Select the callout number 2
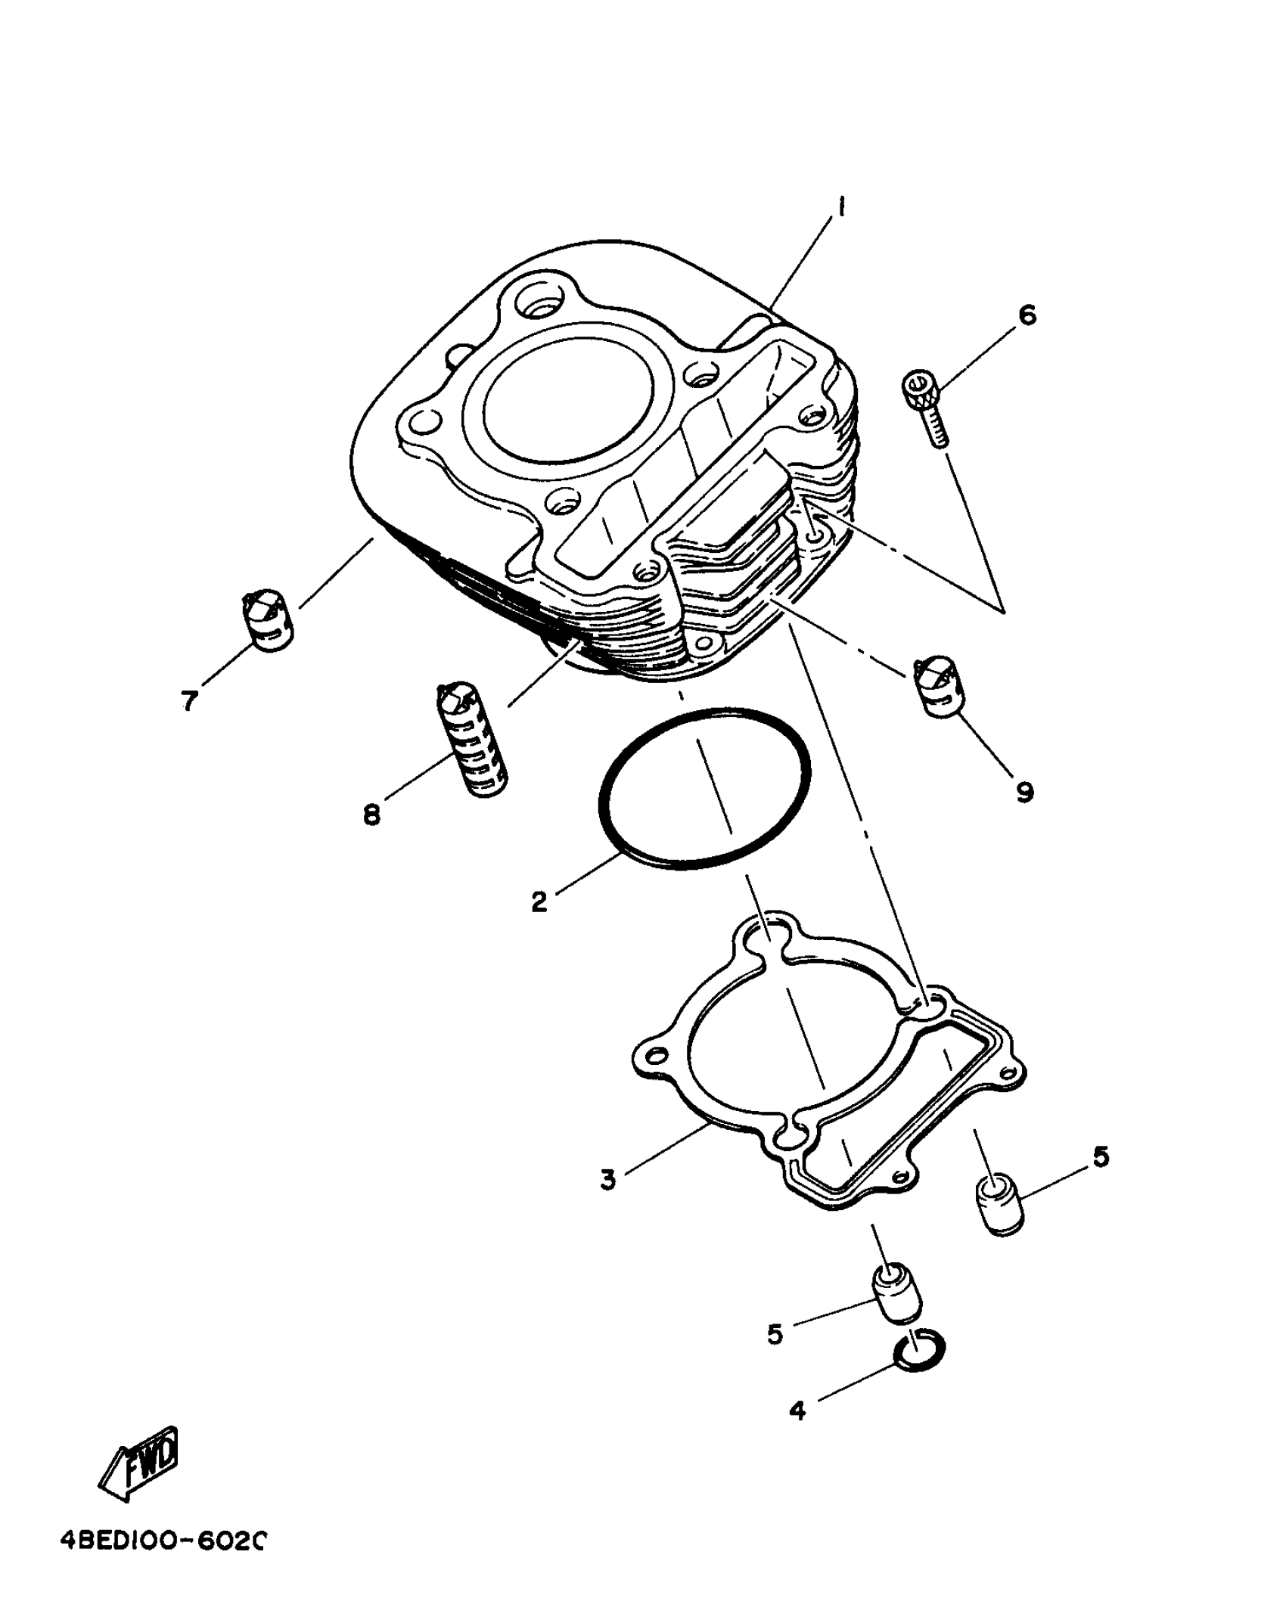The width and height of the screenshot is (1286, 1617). pyautogui.click(x=539, y=902)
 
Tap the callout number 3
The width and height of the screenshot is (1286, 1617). pyautogui.click(x=608, y=1179)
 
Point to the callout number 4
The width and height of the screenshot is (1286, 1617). pyautogui.click(x=797, y=1410)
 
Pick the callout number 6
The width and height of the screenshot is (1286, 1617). pyautogui.click(x=1027, y=315)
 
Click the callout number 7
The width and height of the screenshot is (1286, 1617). pyautogui.click(x=189, y=700)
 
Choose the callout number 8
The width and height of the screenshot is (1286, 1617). pyautogui.click(x=371, y=815)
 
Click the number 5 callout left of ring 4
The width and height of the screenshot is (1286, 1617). pyautogui.click(x=775, y=1335)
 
